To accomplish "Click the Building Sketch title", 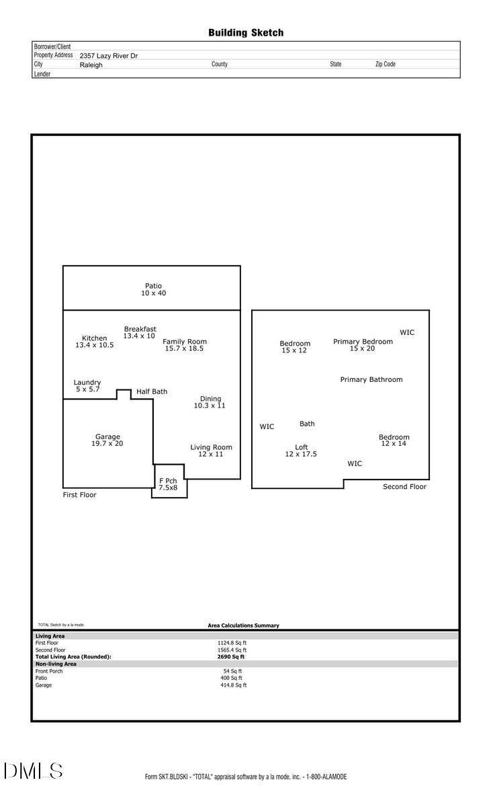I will pyautogui.click(x=246, y=32).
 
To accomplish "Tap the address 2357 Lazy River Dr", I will pyautogui.click(x=109, y=56).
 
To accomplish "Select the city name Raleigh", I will pyautogui.click(x=91, y=65).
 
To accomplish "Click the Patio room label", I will pyautogui.click(x=153, y=286).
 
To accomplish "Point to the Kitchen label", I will pyautogui.click(x=95, y=338).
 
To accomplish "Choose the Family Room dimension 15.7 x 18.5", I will pyautogui.click(x=184, y=348).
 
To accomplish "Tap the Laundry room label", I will pyautogui.click(x=87, y=383).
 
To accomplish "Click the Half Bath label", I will pyautogui.click(x=152, y=391).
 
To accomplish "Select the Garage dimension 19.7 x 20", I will pyautogui.click(x=107, y=444).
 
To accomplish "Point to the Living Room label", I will pyautogui.click(x=211, y=447).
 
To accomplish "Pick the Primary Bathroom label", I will pyautogui.click(x=371, y=379).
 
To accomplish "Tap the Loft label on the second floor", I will pyautogui.click(x=302, y=447).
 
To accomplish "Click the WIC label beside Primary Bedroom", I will pyautogui.click(x=407, y=332).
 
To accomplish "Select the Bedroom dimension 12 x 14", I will pyautogui.click(x=394, y=444).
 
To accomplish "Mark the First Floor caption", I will pyautogui.click(x=80, y=495).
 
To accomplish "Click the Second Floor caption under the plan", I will pyautogui.click(x=404, y=486).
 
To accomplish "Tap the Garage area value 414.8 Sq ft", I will pyautogui.click(x=234, y=685).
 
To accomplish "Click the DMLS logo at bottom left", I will pyautogui.click(x=34, y=771).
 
